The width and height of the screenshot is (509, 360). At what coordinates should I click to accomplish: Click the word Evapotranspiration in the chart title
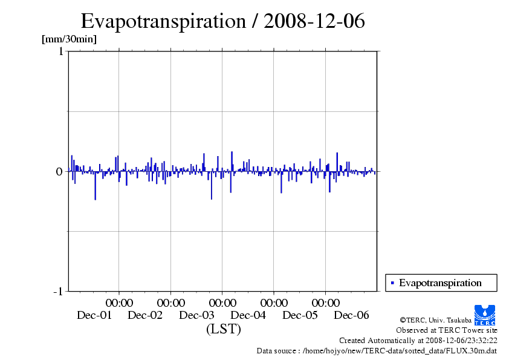click(162, 21)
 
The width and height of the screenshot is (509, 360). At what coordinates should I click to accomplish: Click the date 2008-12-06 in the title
click(314, 21)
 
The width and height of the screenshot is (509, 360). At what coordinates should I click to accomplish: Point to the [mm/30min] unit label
click(69, 39)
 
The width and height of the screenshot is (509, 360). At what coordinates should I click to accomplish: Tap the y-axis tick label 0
click(60, 172)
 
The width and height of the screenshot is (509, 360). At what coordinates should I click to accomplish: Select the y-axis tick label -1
click(58, 292)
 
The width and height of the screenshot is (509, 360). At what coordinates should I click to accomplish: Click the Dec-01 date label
click(94, 315)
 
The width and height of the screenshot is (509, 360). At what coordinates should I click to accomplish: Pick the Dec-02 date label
click(145, 315)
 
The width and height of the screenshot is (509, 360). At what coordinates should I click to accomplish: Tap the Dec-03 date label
click(197, 315)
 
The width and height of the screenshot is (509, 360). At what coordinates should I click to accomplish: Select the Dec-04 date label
click(248, 315)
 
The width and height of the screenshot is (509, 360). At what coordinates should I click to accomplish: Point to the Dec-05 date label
click(300, 315)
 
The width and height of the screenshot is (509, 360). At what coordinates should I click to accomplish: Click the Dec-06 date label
click(351, 315)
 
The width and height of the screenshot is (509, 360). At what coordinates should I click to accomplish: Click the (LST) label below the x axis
click(223, 329)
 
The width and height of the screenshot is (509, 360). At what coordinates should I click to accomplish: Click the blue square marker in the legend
click(392, 283)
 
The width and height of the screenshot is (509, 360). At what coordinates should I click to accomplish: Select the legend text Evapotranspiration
click(440, 283)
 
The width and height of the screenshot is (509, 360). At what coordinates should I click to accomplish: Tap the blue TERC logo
click(485, 315)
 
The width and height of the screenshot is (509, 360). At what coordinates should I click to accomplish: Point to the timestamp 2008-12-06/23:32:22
click(461, 340)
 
